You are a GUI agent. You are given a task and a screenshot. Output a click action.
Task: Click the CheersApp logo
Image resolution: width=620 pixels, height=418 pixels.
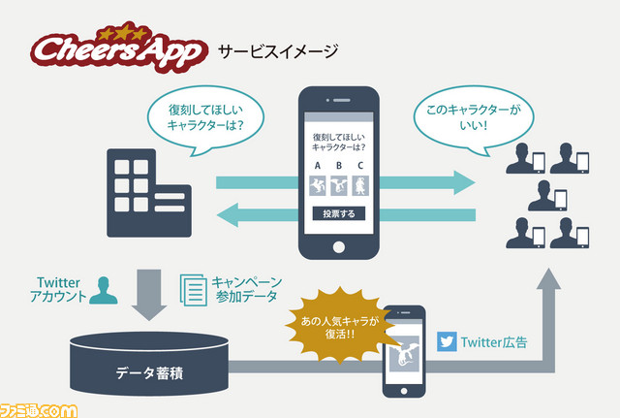click(118, 48)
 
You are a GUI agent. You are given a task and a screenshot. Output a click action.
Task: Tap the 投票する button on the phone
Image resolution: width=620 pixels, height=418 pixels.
click(339, 213)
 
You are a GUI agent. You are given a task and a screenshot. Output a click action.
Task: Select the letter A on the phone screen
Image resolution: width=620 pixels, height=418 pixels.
click(318, 166)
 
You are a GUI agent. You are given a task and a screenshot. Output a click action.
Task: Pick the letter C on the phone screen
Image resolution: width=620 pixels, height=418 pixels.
click(360, 166)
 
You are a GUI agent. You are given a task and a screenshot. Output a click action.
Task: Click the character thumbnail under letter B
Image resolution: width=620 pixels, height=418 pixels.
click(339, 185)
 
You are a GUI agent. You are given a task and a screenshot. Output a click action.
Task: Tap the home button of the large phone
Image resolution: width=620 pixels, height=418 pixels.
click(339, 247)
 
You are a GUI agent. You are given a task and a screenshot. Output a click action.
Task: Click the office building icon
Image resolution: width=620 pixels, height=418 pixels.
click(149, 193)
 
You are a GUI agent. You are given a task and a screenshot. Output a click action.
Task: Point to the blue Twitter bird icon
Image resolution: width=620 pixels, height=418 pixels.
click(447, 341)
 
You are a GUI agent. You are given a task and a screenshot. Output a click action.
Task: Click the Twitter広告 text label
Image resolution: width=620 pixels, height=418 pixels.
click(494, 342)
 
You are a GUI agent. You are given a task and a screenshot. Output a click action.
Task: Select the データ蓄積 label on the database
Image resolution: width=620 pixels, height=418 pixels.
click(149, 372)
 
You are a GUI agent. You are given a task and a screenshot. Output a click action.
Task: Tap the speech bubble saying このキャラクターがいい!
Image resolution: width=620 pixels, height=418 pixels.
click(474, 119)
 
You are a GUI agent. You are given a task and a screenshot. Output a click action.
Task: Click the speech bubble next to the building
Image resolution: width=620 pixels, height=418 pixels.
click(205, 119)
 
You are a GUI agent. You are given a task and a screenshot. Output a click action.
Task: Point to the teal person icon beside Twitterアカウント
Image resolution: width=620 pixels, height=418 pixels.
click(104, 290)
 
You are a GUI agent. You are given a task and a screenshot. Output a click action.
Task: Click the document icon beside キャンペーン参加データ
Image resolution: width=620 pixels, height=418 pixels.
click(194, 290)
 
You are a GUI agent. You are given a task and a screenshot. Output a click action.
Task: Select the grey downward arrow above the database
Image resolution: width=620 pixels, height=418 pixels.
click(149, 295)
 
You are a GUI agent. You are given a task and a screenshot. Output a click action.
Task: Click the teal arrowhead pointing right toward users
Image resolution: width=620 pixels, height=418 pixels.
click(464, 182)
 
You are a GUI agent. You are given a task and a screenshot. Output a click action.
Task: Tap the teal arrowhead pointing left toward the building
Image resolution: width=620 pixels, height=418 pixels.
click(228, 215)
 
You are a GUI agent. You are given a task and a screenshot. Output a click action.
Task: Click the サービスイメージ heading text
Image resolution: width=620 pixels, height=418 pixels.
click(278, 51)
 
